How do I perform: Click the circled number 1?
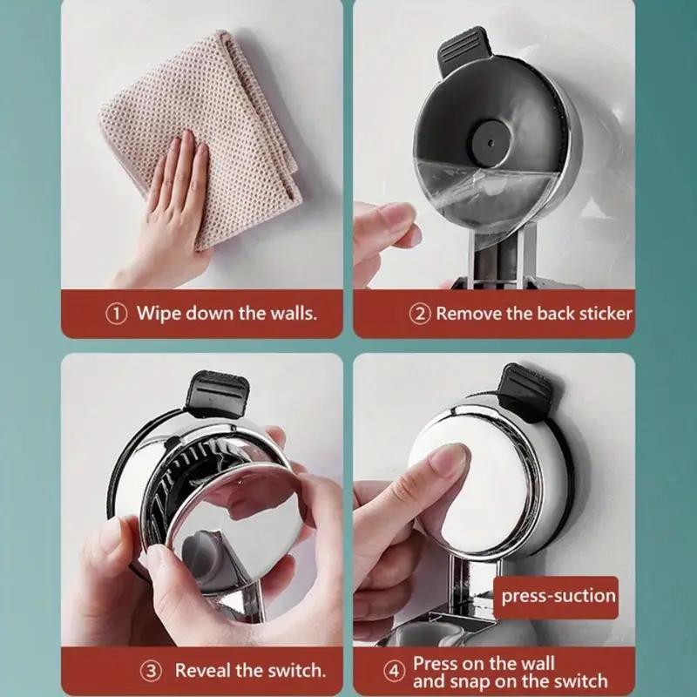coord(116,314)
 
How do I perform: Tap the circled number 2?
coord(421,314)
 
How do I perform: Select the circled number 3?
coord(152,671)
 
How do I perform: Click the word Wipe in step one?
coord(158,314)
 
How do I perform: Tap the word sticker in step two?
coord(603,314)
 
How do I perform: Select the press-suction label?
coord(558,597)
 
